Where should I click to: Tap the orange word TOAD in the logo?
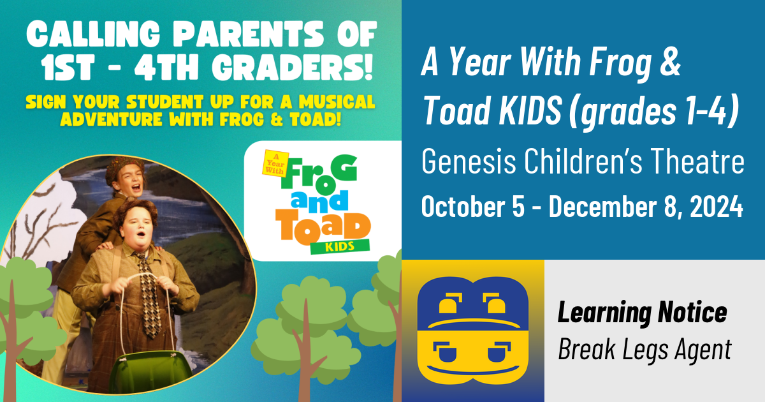pyautogui.click(x=324, y=227)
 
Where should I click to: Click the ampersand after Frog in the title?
pyautogui.click(x=669, y=64)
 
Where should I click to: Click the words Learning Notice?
pyautogui.click(x=642, y=313)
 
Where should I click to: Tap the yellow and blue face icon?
pyautogui.click(x=472, y=331)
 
